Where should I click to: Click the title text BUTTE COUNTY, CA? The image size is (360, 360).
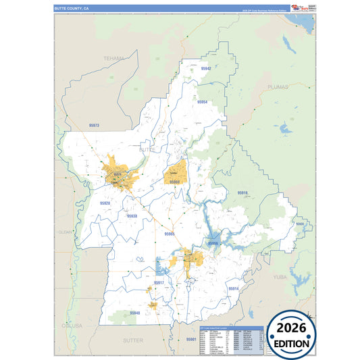(71, 8)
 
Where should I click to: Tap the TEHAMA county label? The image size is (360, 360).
(114, 59)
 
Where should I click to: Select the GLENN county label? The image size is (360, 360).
(65, 232)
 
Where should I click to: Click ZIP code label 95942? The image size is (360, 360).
(206, 69)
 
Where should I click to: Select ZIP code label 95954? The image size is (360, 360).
(202, 102)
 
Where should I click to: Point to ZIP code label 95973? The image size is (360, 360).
(94, 126)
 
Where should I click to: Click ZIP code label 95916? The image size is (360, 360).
(242, 193)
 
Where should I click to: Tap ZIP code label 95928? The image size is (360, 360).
(105, 203)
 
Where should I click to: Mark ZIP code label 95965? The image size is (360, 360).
(170, 234)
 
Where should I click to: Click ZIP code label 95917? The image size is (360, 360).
(159, 282)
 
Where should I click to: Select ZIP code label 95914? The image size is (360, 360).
(234, 288)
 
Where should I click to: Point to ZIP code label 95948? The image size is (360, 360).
(135, 313)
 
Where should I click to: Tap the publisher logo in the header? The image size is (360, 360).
(296, 7)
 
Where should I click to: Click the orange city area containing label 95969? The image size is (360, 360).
(176, 174)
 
